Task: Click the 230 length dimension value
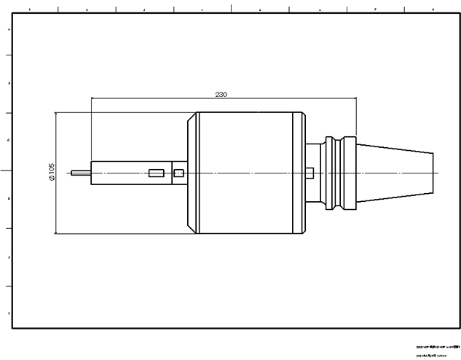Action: point(221,95)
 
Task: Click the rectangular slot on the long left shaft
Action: point(155,173)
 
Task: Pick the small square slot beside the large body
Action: point(179,173)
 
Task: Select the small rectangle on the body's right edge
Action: point(310,173)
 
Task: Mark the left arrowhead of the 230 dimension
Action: point(93,99)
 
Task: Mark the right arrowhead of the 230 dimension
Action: point(355,99)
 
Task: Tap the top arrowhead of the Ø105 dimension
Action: point(57,114)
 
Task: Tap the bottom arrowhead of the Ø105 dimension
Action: point(57,232)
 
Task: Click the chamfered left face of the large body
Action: point(192,173)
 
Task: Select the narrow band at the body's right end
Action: point(299,173)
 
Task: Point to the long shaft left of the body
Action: point(131,173)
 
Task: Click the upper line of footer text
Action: point(437,347)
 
